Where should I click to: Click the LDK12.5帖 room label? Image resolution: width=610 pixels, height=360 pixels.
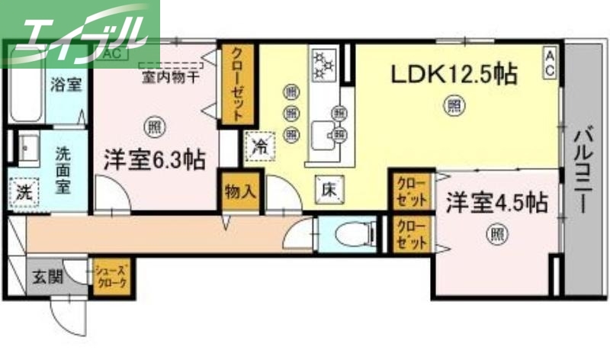click(454, 75)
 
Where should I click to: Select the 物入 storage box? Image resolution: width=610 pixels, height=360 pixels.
click(239, 191)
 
